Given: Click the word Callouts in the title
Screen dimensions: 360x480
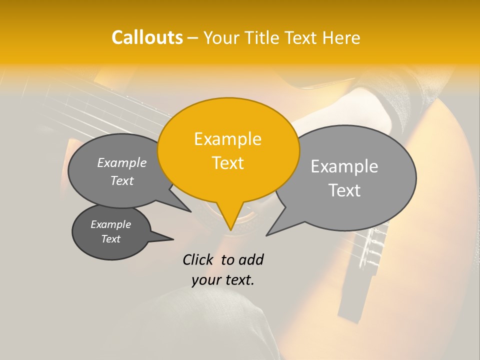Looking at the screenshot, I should click(x=147, y=37).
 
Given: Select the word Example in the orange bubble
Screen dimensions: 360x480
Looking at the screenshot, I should click(x=227, y=139).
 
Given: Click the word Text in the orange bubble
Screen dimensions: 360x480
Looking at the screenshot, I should click(x=227, y=163).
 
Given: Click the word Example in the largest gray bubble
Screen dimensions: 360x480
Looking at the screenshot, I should click(x=344, y=166).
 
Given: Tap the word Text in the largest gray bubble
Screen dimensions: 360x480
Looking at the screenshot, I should click(x=344, y=190).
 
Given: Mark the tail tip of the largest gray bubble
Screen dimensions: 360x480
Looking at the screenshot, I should click(x=267, y=235).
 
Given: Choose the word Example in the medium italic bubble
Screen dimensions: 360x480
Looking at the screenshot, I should click(x=122, y=163).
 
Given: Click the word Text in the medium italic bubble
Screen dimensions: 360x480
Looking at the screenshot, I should click(x=122, y=181).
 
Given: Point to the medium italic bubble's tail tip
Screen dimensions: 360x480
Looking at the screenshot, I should click(x=190, y=211).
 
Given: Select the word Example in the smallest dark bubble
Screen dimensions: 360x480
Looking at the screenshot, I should click(x=111, y=224).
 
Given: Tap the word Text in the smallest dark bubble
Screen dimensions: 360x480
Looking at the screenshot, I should click(x=111, y=239).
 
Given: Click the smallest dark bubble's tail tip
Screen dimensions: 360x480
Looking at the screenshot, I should click(x=173, y=239).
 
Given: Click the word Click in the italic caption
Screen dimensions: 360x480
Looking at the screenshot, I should click(x=198, y=259).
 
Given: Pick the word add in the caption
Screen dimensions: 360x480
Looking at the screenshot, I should click(x=251, y=259).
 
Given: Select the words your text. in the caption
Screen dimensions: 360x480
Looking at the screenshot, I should click(x=223, y=280).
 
